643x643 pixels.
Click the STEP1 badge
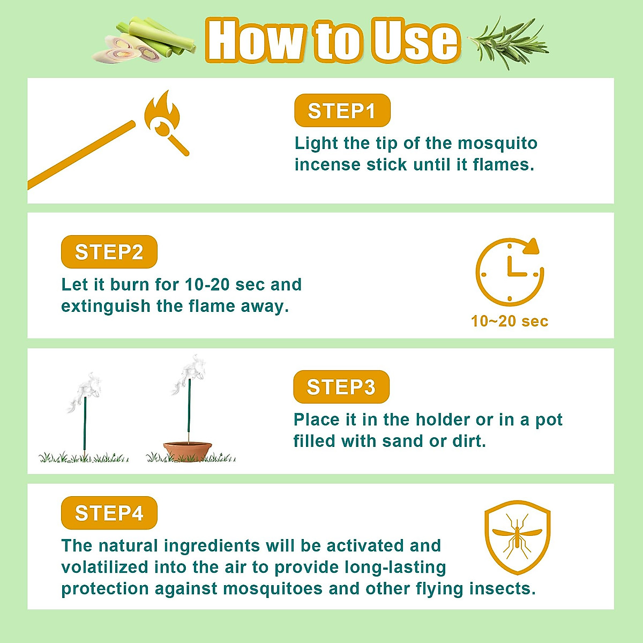point(342,111)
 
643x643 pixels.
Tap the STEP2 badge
point(109,252)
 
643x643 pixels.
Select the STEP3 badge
point(341,387)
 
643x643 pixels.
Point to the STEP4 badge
point(109,513)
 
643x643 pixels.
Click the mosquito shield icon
point(517,537)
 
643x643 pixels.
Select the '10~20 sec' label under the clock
point(510,321)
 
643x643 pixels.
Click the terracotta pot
point(188,450)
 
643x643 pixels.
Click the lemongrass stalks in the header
point(145,42)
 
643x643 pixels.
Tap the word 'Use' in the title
point(416,41)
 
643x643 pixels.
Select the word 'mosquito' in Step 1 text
point(497,143)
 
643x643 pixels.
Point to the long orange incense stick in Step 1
point(80,155)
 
